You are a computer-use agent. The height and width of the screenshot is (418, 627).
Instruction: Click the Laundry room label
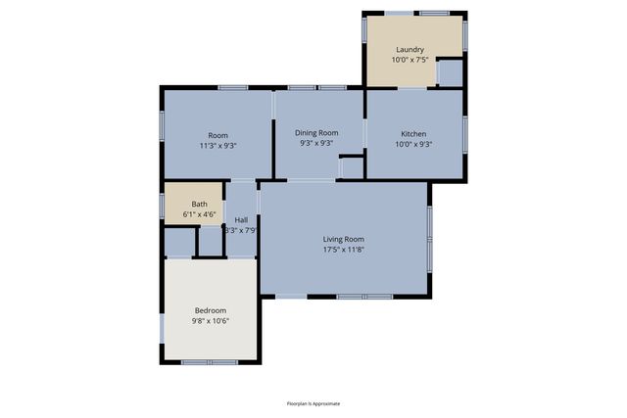coord(410,49)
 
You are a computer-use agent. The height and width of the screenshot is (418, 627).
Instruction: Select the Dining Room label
coord(317,133)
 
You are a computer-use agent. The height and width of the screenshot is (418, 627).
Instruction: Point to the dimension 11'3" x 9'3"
coord(217,145)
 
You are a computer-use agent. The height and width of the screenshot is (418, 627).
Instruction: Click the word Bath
coord(199,205)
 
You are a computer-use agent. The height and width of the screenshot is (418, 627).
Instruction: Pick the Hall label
coord(241,220)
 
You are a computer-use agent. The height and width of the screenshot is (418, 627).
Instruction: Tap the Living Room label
coord(344,239)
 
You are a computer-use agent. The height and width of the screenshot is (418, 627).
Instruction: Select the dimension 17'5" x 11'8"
coord(344,251)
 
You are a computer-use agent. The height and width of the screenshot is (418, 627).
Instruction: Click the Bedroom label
coord(211,310)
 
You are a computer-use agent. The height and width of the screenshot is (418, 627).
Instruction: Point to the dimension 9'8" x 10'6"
coord(211,321)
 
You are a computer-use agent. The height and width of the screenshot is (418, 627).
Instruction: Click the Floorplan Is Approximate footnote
coord(313,403)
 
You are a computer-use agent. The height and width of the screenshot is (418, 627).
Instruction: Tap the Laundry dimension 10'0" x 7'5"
coord(410,60)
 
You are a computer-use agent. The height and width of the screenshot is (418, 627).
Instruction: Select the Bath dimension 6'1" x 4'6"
coord(199,214)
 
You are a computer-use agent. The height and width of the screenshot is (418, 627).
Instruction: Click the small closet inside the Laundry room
coord(449,72)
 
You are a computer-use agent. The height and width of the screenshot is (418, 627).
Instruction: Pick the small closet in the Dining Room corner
coord(351,167)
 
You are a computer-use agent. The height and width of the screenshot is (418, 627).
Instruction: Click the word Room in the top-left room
coord(217,134)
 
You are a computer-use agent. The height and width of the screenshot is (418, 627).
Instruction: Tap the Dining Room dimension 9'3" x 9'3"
coord(317,144)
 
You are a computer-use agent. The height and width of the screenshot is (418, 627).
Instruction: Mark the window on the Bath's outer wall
coord(162,204)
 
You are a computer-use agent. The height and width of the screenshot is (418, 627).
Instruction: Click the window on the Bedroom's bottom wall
coord(210,362)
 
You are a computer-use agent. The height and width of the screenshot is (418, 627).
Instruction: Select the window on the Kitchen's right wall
coord(464,132)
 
